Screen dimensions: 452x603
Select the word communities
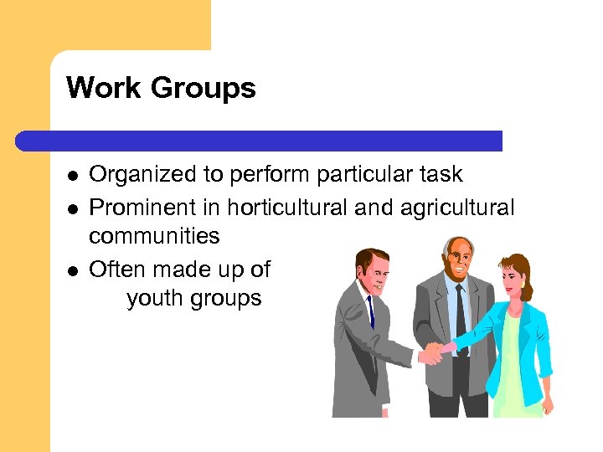click(154, 236)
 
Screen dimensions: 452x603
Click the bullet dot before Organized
click(73, 176)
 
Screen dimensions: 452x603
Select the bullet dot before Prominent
click(73, 207)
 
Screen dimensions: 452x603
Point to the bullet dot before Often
click(73, 270)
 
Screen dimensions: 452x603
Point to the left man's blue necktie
click(369, 310)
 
